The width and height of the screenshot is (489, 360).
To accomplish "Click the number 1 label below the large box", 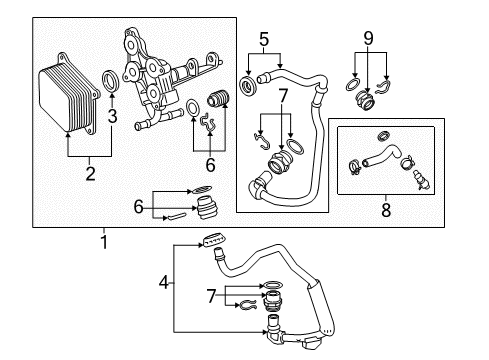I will (x=103, y=241).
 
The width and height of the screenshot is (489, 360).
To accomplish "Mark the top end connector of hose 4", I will (x=213, y=241).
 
